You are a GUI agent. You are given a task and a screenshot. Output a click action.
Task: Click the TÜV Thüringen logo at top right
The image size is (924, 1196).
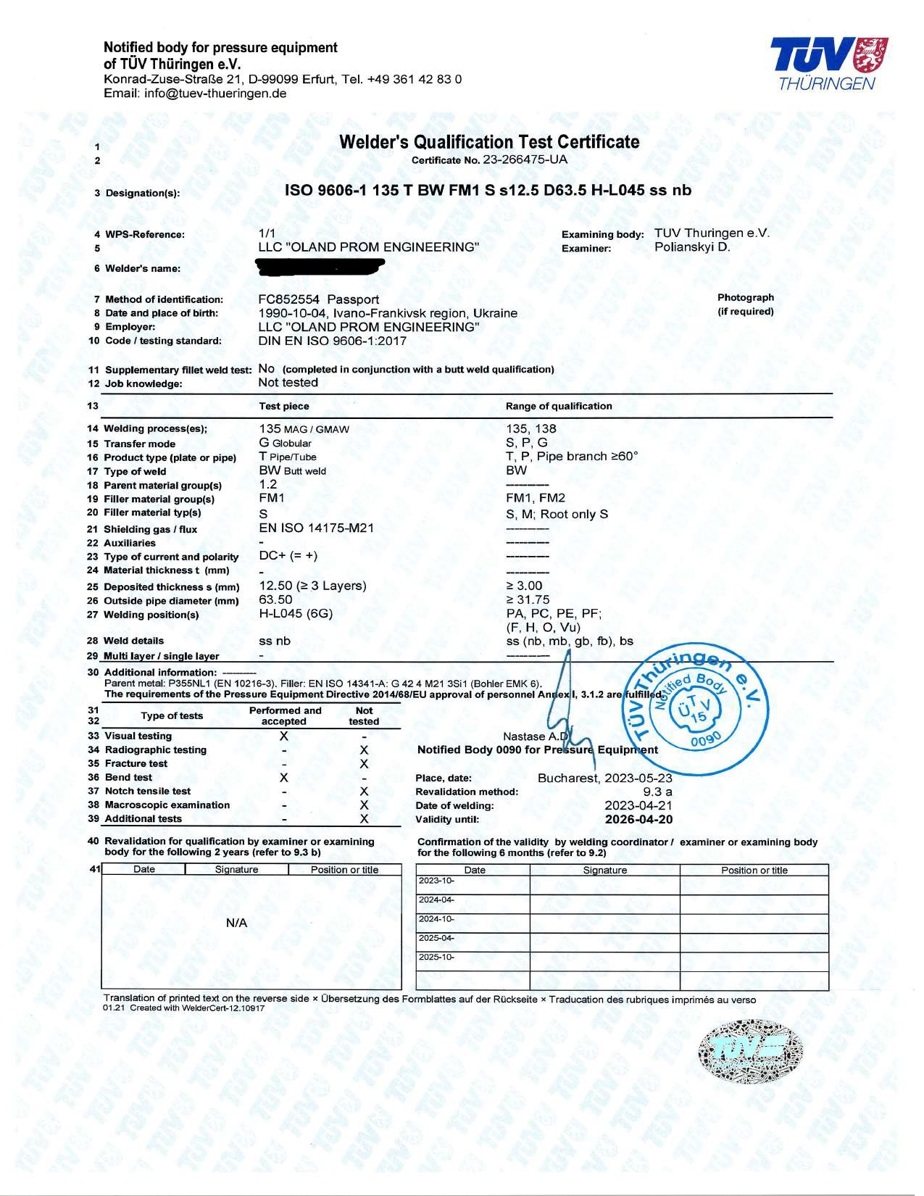pos(825,65)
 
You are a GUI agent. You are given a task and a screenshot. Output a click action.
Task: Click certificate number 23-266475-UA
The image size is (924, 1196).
pos(530,159)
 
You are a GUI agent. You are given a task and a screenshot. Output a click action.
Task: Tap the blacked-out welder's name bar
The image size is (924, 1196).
pos(320,268)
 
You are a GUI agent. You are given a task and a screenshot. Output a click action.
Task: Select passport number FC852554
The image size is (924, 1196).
pos(289,299)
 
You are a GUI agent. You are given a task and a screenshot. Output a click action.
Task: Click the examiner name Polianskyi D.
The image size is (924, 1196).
pos(691,247)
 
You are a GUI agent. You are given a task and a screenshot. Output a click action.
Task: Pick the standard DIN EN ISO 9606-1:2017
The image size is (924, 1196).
pos(333,341)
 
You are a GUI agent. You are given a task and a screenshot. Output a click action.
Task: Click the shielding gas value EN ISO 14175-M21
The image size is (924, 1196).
pos(316,528)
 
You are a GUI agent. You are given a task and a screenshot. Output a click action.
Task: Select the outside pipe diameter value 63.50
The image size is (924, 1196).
pos(275,599)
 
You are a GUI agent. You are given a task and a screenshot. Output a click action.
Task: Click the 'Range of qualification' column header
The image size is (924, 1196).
pos(558,406)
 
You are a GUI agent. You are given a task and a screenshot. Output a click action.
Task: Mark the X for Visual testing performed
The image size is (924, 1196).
pos(284,736)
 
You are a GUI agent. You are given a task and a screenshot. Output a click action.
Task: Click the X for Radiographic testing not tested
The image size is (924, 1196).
pos(364,749)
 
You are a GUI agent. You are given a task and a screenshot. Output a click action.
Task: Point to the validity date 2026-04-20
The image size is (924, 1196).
pos(638,819)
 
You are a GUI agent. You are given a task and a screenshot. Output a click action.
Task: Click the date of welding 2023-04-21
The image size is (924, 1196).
pos(638,805)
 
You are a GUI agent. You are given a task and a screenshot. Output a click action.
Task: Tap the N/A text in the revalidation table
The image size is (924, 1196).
pos(237,923)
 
